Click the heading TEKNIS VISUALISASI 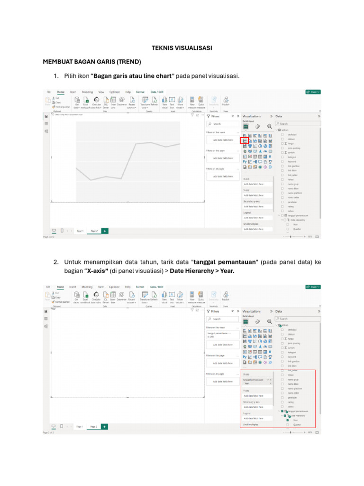pos(182,48)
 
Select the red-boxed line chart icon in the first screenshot pos(245,140)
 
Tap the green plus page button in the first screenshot pos(105,231)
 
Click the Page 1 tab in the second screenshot pos(79,427)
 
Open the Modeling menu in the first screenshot pos(87,92)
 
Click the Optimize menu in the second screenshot pos(114,287)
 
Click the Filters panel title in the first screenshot pos(215,116)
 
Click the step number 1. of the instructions pos(55,76)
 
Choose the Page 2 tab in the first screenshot pos(94,231)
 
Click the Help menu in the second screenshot pos(128,287)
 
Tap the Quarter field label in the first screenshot pos(297,229)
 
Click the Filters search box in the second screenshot pos(222,319)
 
